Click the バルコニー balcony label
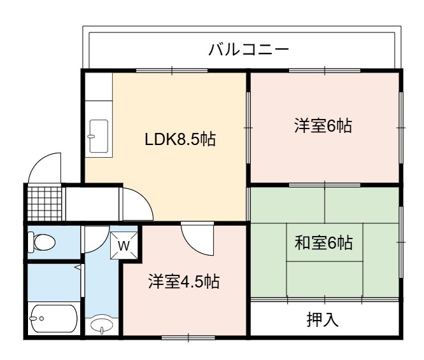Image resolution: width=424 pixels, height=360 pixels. coord(249,50)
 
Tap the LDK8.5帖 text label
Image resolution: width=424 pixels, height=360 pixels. coord(180,140)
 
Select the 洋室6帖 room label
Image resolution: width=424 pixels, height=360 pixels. coord(323,125)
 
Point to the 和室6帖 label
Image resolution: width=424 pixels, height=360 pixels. coord(323,242)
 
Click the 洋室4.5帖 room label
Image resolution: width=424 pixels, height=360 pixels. coord(184,281)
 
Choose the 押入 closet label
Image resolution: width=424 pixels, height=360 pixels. coord(323,319)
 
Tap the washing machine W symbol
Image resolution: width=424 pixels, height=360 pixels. coord(124,246)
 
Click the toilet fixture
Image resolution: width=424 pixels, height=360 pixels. coord(41,242)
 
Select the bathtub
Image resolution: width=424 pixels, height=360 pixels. coord(54,319)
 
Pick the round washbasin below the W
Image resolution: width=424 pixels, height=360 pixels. coord(102,324)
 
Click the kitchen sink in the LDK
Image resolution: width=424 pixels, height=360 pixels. coord(99,136)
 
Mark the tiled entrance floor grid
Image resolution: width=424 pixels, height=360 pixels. coord(45,204)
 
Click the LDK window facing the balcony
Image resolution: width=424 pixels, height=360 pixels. coord(172,71)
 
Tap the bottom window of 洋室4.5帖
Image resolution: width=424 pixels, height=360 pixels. coord(188,338)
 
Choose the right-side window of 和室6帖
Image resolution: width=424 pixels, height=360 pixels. coord(401,242)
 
